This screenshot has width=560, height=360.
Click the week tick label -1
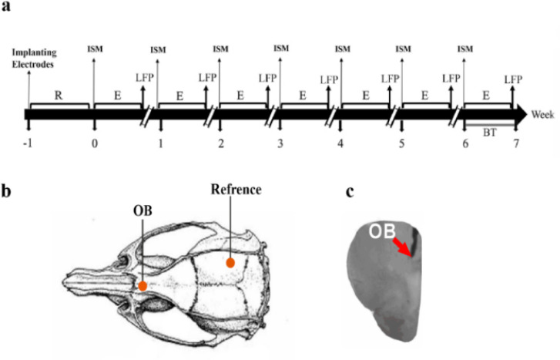[28, 143]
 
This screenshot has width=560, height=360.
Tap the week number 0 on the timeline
[94, 143]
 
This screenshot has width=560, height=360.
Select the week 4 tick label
[340, 143]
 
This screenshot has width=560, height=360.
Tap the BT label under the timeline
[489, 133]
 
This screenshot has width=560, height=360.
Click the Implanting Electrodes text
[30, 56]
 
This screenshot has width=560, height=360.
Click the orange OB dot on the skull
[143, 286]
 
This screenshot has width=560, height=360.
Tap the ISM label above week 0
[96, 50]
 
